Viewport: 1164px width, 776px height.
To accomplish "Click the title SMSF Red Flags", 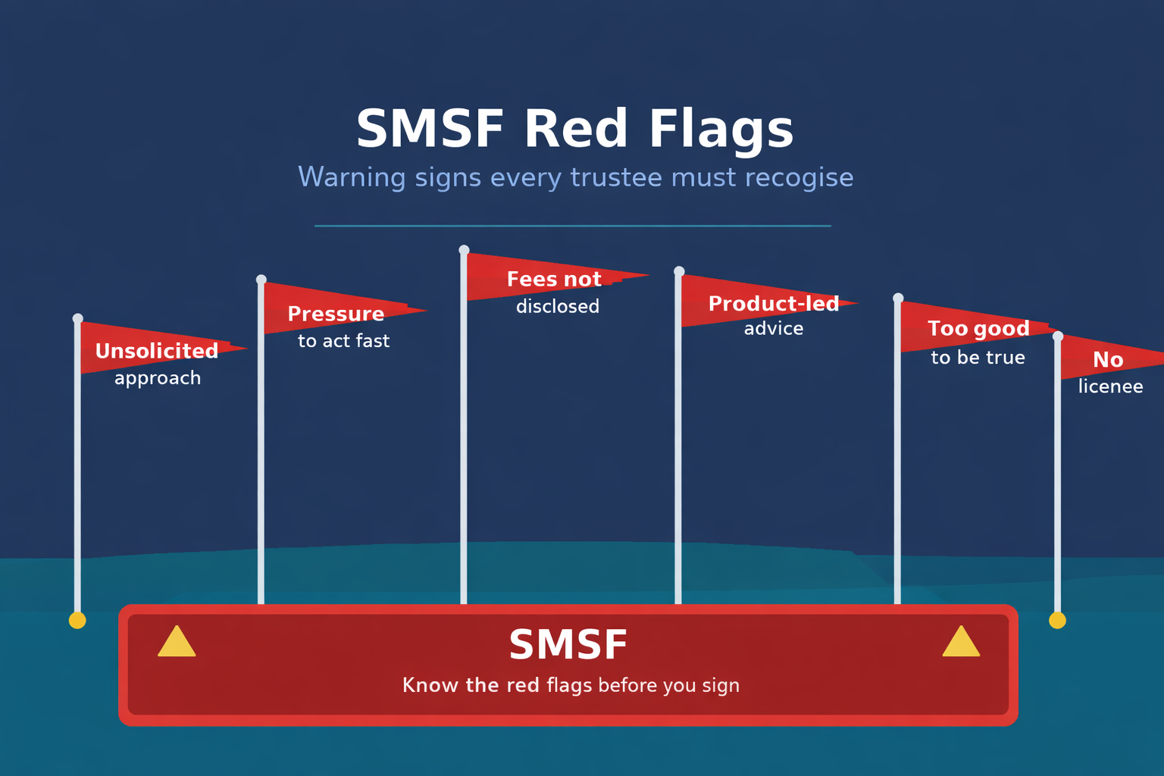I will point(574,129).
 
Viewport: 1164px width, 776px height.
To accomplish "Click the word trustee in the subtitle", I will point(615,177).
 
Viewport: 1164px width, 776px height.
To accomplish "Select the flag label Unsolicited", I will point(157,351).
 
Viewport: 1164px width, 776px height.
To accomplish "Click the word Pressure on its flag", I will point(336,314).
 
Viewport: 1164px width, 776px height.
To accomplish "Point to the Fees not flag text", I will point(554,280).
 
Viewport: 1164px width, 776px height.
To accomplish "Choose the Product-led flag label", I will point(773,304).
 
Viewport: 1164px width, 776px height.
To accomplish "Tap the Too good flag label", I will point(978,329).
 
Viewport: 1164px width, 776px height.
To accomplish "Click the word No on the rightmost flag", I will point(1108,360).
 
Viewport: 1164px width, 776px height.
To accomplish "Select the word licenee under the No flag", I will point(1110,386).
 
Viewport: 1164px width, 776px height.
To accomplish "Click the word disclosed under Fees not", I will point(558,306).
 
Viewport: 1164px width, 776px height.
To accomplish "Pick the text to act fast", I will point(343,341).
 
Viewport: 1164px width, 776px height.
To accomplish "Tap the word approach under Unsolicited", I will point(158,378).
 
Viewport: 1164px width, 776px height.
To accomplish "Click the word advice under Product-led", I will point(773,329).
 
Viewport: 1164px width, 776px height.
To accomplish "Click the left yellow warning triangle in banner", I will point(177,643).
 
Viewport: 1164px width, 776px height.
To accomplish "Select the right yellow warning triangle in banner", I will point(961,643).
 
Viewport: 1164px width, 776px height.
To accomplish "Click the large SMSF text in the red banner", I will point(568,646).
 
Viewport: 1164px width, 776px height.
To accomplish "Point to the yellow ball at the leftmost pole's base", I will point(77,621).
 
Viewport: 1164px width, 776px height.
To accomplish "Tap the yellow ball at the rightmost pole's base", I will point(1057,621).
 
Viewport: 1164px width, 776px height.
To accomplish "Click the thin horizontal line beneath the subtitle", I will point(573,226).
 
